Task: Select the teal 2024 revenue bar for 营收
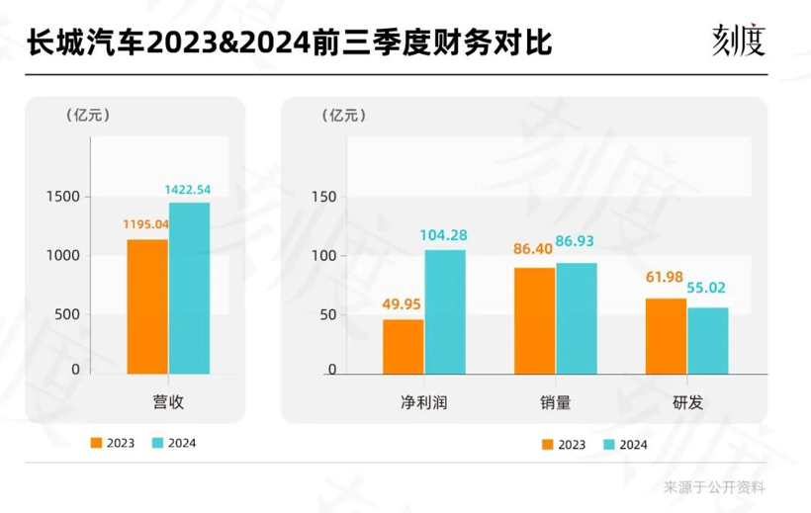click(x=189, y=289)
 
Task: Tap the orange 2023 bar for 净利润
click(x=403, y=346)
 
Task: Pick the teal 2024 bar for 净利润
click(x=445, y=311)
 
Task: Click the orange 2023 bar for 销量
click(x=534, y=320)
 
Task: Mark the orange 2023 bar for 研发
click(x=665, y=336)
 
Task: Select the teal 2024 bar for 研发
click(x=707, y=341)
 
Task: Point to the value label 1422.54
click(x=187, y=189)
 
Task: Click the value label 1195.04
click(x=145, y=223)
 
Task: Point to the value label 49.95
click(x=403, y=303)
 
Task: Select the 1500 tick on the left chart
click(x=62, y=197)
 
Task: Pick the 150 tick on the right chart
click(x=323, y=197)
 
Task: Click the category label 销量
click(x=555, y=402)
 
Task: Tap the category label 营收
click(x=168, y=402)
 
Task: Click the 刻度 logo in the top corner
click(x=739, y=41)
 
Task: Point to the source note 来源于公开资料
click(x=714, y=486)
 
